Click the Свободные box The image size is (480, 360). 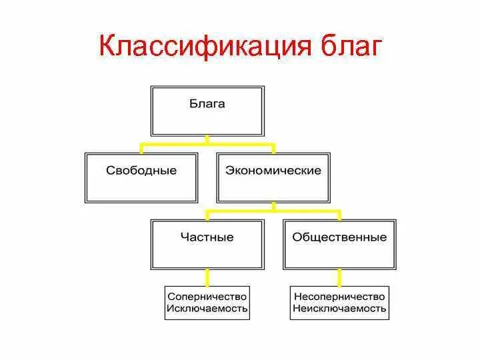point(141,178)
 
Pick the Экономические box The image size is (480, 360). point(273,178)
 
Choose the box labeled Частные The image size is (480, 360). point(207,245)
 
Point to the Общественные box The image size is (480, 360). point(339,245)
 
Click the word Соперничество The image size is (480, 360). point(207,296)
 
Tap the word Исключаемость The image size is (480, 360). point(207,309)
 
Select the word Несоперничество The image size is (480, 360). point(339,296)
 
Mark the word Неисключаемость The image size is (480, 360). point(339,309)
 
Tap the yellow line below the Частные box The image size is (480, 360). point(207,277)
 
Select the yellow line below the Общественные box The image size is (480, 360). point(339,277)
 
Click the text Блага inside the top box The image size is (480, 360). point(207,104)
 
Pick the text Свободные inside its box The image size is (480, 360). point(141,171)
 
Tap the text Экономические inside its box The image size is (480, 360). point(273,171)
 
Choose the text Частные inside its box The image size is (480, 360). point(207,237)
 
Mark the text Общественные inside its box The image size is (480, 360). point(339,237)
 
